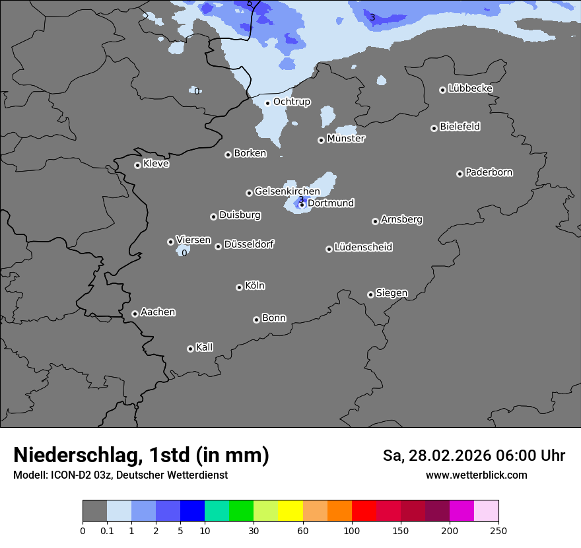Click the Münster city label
tap(346, 139)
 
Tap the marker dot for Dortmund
tap(302, 205)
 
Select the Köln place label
tap(255, 286)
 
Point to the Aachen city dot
tap(135, 314)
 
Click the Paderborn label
tap(489, 172)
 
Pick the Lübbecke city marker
tap(442, 90)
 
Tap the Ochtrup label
tap(292, 102)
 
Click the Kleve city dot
tap(137, 165)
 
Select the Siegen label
tap(392, 293)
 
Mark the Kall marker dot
tap(190, 349)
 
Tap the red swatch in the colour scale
tap(364, 511)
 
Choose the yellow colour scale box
tap(290, 511)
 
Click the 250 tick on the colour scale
tap(498, 530)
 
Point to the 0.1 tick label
tap(107, 530)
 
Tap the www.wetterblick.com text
tap(476, 475)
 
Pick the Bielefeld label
tap(460, 127)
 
